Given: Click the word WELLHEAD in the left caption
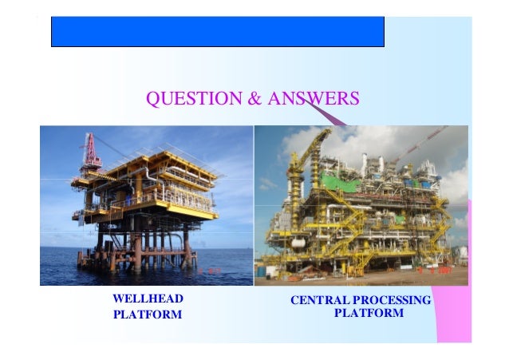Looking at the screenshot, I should coord(148,299).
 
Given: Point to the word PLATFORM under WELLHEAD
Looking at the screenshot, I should coord(148,315).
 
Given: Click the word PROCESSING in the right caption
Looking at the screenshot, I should coord(392,300).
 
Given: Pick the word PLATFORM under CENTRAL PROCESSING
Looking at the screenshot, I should coord(368,314).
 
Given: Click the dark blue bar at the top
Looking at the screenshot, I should coord(217,32).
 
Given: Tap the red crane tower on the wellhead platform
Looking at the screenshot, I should coord(91,152).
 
